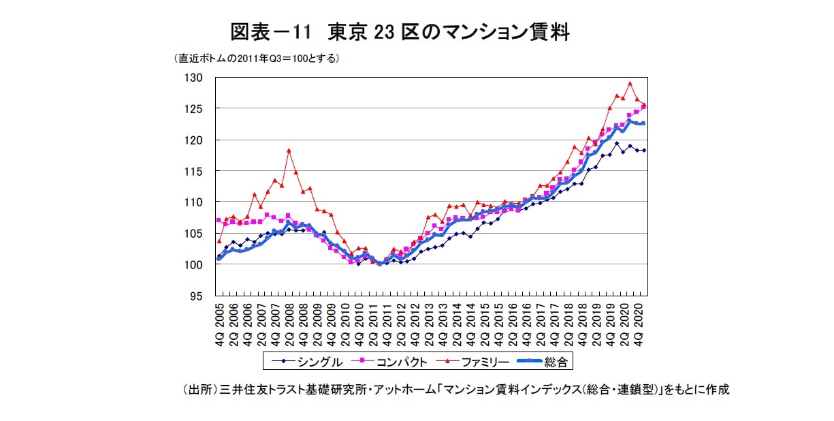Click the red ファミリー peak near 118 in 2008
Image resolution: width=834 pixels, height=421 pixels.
pos(289,150)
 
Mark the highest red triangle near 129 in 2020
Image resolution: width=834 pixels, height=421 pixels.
pos(630,84)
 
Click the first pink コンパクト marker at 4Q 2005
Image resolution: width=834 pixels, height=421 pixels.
pos(219,220)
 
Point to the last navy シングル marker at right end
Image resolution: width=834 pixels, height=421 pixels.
pos(644,151)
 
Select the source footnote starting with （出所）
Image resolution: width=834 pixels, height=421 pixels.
pos(455,390)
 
